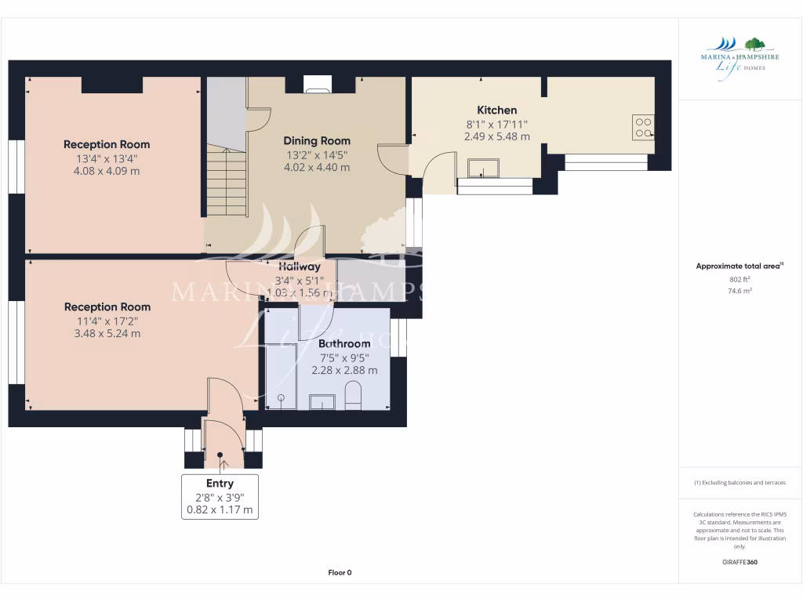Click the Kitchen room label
coord(496,111)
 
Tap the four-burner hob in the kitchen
coord(643,127)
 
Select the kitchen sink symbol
coord(483,167)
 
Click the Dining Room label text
coord(316,141)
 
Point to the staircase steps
coord(227,184)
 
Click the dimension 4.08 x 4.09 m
coord(107,171)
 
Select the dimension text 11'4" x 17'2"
coord(107,320)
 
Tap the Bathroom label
coord(344,343)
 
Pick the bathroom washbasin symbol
coord(322,402)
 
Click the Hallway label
coord(298,267)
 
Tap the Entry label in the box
coord(220,483)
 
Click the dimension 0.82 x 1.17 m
coord(220,510)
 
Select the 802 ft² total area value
coord(739,279)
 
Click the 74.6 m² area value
coord(739,291)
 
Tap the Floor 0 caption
coord(339,572)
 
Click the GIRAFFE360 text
coord(739,562)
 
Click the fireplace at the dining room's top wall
coord(317,87)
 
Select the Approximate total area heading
coord(738,267)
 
